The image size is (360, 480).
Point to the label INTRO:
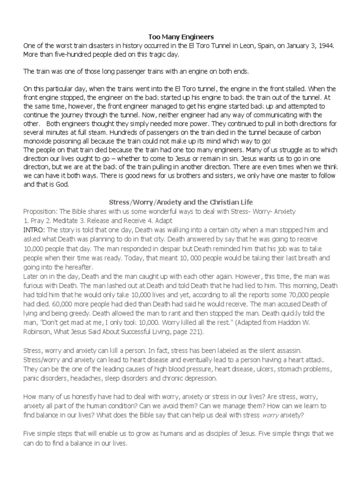(34, 230)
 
